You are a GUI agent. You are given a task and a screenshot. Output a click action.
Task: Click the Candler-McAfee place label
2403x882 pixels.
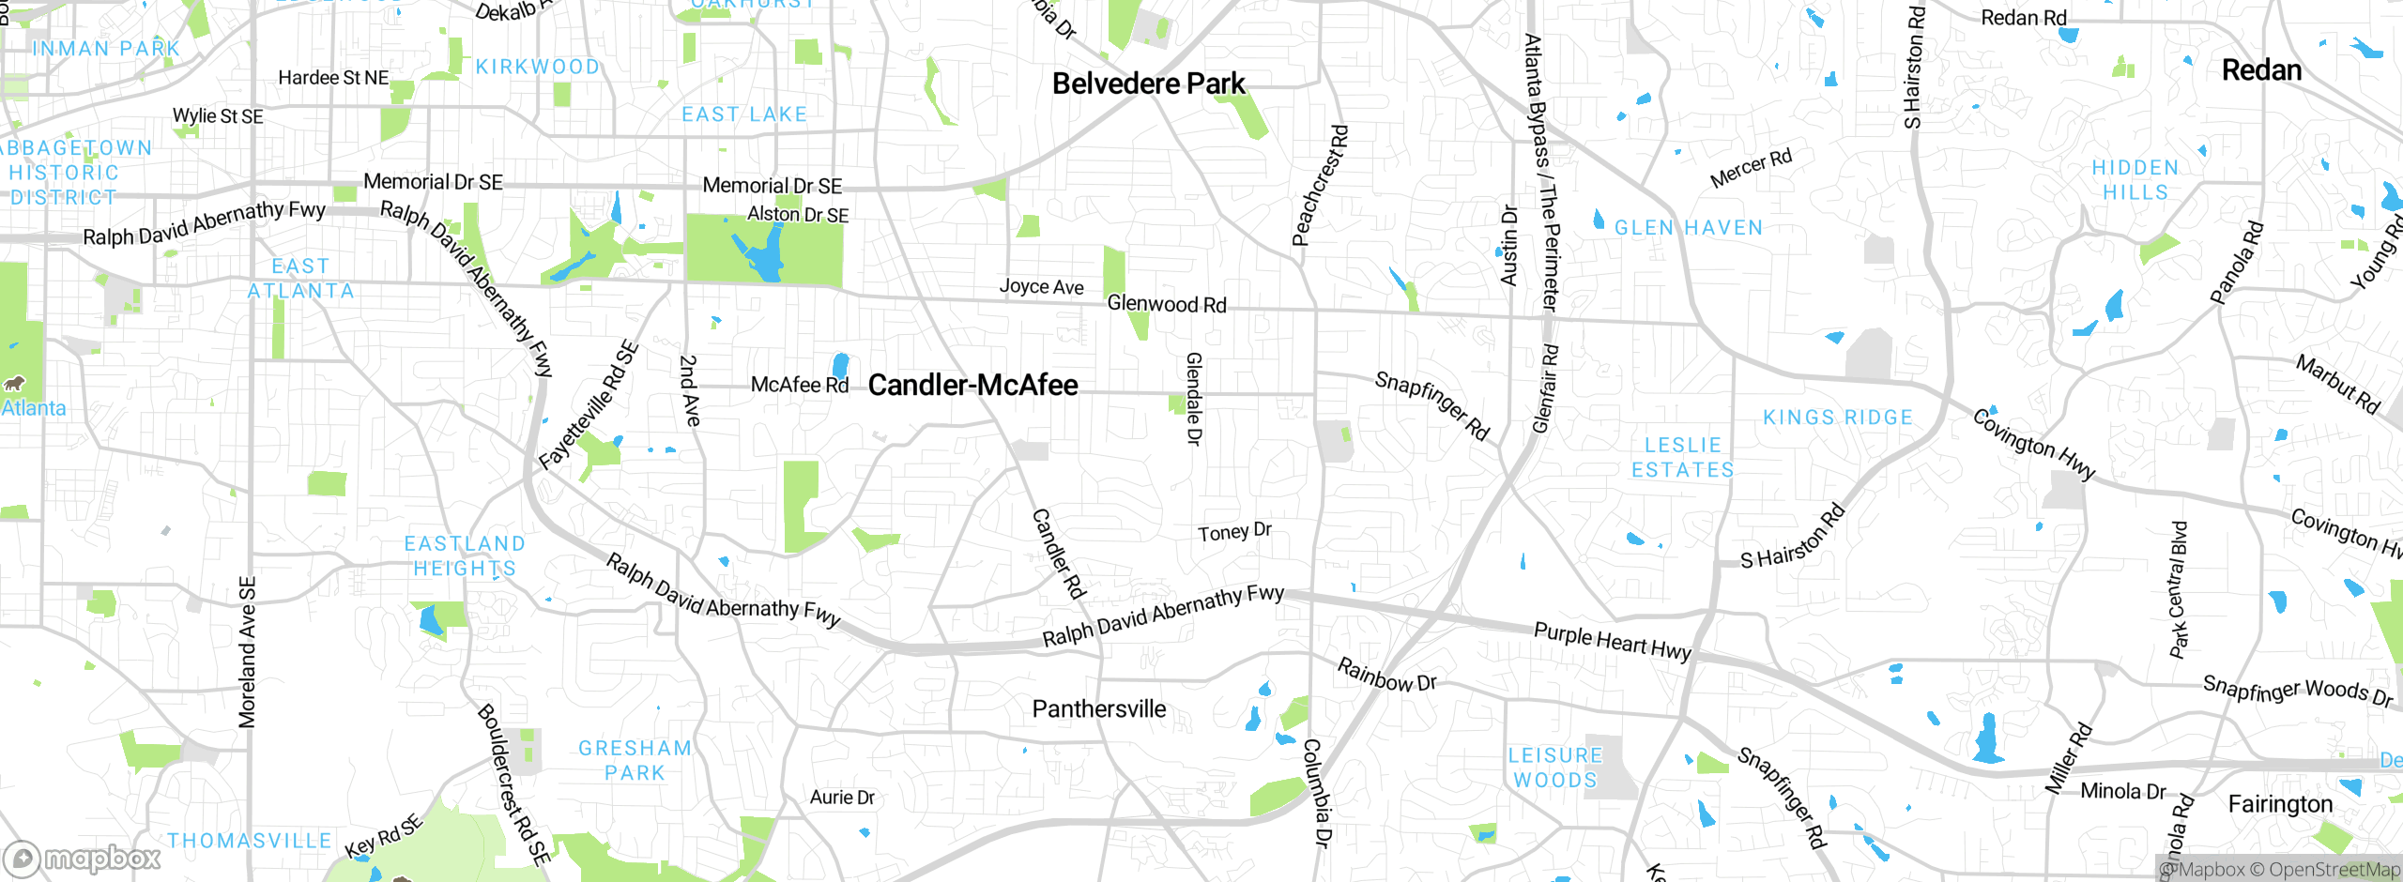[972, 385]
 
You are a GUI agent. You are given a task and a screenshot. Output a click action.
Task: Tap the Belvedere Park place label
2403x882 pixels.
[1148, 84]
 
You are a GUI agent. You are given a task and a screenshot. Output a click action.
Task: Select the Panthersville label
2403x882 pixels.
[1098, 709]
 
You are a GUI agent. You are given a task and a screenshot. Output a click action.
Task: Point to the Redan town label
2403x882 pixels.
[2261, 70]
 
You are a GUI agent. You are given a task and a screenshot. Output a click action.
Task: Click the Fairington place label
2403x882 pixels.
[2280, 804]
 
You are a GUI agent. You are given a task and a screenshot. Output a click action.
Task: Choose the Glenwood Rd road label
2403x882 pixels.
[1166, 304]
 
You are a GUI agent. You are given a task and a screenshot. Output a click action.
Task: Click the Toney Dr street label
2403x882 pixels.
[1234, 532]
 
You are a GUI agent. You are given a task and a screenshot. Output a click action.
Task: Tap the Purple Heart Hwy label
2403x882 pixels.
[1612, 642]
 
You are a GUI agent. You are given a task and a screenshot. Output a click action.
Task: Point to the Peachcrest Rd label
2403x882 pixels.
[1320, 186]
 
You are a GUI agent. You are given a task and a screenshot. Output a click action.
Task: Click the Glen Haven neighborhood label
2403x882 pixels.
[1688, 228]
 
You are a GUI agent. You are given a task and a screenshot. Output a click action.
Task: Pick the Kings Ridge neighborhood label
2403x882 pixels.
[1837, 418]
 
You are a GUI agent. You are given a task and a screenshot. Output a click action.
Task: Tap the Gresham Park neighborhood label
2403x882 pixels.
[635, 760]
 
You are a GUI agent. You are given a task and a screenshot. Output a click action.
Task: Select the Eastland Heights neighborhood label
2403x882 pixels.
[465, 556]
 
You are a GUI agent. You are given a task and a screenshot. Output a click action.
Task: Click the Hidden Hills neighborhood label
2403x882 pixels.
[2135, 179]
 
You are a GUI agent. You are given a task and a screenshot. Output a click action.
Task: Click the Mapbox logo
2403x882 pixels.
[83, 858]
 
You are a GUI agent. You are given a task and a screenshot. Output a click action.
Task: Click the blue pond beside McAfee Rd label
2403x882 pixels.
[840, 365]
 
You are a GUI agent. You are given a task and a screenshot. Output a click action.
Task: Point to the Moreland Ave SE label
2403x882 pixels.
[247, 652]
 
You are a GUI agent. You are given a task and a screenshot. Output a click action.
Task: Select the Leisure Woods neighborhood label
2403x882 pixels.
[1555, 768]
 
